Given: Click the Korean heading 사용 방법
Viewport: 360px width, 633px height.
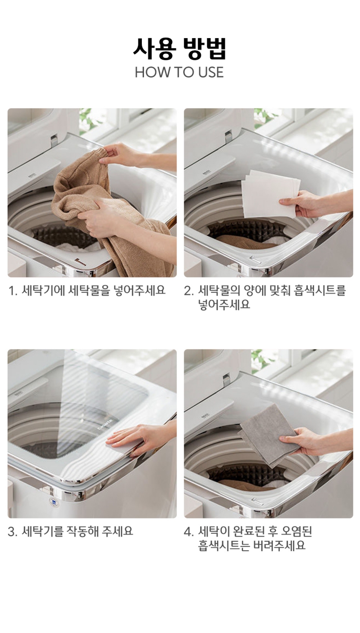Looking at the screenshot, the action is click(180, 49).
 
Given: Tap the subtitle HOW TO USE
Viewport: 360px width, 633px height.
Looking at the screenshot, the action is click(179, 72).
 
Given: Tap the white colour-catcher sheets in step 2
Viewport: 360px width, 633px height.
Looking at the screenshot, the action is click(270, 194).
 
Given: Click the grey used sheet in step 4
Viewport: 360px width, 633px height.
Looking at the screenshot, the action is click(269, 435).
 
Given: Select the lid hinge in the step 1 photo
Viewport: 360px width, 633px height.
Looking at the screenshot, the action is click(54, 141).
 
